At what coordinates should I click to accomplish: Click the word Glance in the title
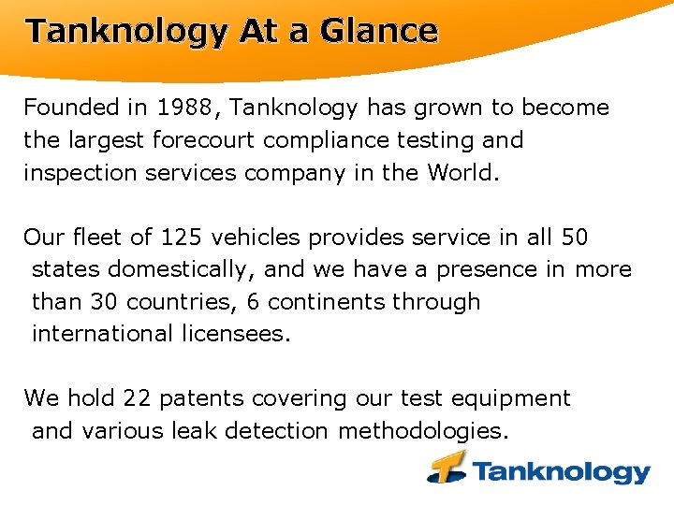pos(378,31)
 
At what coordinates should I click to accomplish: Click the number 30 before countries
pos(104,302)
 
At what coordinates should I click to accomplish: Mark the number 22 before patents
pos(137,398)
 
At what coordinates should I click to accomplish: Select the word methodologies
pos(424,430)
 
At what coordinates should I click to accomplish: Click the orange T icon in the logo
pos(447,467)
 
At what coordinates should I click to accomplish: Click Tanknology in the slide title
pos(125,31)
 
